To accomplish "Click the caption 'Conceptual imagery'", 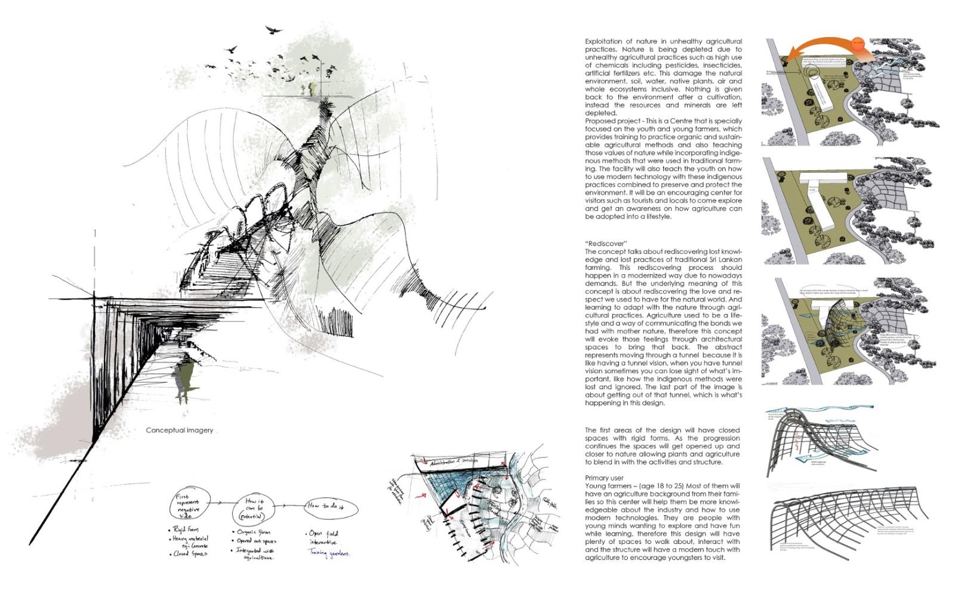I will coord(179,430).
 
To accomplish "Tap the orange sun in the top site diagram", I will coord(858,44).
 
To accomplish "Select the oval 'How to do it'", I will coord(332,507).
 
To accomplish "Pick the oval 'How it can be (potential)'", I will coord(255,508).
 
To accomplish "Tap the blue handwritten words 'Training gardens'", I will coord(329,553).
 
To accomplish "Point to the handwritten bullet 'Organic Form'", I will coord(253,531).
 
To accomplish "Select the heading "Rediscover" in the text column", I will coord(606,244).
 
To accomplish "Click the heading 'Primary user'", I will coord(605,478).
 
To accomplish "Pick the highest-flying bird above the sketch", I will coord(272,29).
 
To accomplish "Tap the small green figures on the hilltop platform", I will coord(306,90).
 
